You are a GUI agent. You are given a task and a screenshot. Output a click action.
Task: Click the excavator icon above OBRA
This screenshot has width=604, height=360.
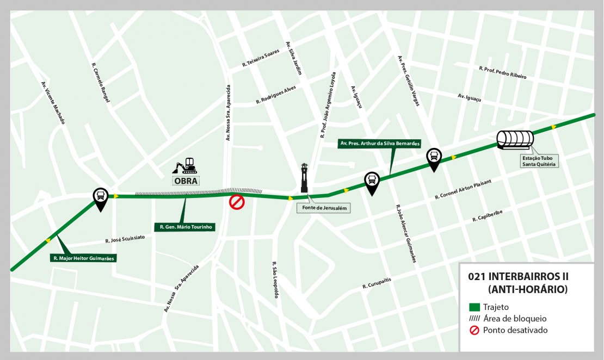(185, 165)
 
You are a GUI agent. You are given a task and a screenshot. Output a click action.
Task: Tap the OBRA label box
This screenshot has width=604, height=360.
(185, 181)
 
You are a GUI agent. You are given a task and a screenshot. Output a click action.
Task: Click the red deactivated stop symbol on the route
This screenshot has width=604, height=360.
(237, 202)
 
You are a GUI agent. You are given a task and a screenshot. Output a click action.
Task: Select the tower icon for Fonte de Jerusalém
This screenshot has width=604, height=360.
(304, 178)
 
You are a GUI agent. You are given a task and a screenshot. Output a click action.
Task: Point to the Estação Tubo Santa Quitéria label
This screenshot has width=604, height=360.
(539, 161)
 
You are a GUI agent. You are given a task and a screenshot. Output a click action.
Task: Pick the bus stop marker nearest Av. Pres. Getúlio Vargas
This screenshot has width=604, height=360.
(434, 158)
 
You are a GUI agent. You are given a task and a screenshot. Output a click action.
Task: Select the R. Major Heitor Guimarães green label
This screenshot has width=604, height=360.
(84, 258)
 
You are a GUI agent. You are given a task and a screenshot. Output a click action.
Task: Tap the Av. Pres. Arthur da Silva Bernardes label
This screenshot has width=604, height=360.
(379, 144)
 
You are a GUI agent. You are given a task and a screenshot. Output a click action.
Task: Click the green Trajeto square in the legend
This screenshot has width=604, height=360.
(473, 307)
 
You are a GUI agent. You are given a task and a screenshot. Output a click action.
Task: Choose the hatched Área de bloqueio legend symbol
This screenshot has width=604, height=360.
(473, 319)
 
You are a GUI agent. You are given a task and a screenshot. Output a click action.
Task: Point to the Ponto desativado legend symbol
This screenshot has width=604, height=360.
(473, 330)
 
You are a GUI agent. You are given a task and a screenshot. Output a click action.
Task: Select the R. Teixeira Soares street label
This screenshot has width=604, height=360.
(261, 59)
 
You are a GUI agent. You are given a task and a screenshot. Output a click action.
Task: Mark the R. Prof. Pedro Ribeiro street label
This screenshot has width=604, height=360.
(502, 72)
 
